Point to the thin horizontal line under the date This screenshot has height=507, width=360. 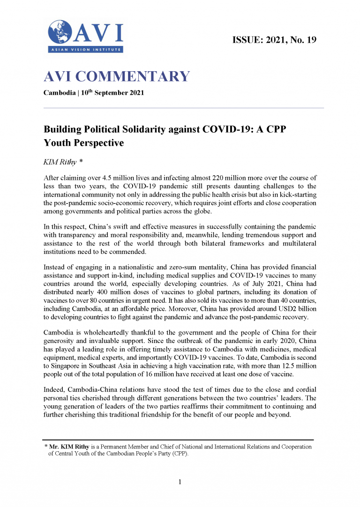183,108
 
